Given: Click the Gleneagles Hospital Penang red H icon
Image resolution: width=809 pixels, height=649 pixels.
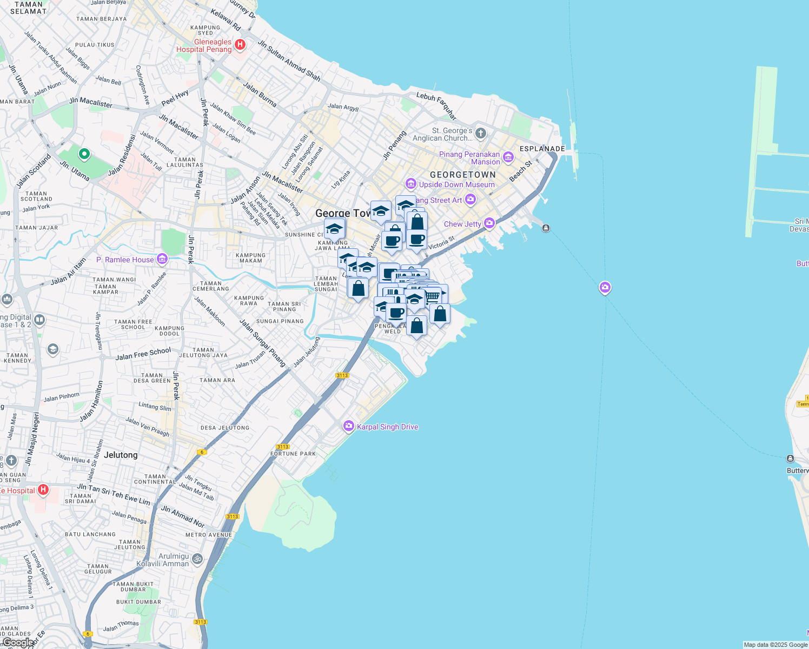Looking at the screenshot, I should (241, 44).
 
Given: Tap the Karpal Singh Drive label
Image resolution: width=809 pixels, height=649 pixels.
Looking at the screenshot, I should (387, 427).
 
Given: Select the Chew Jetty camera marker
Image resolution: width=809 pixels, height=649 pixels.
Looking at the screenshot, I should (489, 223).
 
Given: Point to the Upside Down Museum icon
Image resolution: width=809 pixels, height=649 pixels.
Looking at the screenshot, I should (411, 184).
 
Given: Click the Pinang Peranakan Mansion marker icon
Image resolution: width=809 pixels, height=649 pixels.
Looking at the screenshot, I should (508, 157).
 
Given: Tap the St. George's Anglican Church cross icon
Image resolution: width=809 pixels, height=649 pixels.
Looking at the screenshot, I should (481, 133).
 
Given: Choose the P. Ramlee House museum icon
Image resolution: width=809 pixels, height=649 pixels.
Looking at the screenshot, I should (162, 259).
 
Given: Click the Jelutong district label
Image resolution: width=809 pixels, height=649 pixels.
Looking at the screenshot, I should (121, 455).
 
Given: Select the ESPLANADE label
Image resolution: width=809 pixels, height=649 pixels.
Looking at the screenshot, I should (542, 149).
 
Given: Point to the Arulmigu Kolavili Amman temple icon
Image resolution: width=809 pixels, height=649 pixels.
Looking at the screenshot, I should (197, 559).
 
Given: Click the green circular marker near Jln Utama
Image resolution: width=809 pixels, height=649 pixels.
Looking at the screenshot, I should (84, 155).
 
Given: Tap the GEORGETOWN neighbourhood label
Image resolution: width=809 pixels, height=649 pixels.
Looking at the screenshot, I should (462, 175).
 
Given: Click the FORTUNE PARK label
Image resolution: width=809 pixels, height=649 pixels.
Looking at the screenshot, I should (293, 454).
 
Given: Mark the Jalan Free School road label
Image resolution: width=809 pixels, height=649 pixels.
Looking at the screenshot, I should (143, 354).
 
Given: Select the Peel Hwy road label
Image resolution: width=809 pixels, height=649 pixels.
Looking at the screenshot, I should (175, 97).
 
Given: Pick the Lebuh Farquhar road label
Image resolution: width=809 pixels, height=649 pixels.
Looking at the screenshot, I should (436, 105).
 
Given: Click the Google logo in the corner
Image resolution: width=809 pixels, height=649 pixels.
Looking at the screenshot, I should (17, 643).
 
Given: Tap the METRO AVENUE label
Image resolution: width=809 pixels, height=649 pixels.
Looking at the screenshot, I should (208, 535).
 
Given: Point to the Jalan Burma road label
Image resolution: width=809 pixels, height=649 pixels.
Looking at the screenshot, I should (260, 94).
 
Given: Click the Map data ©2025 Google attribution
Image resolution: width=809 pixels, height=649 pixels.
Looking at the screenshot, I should (775, 645).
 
